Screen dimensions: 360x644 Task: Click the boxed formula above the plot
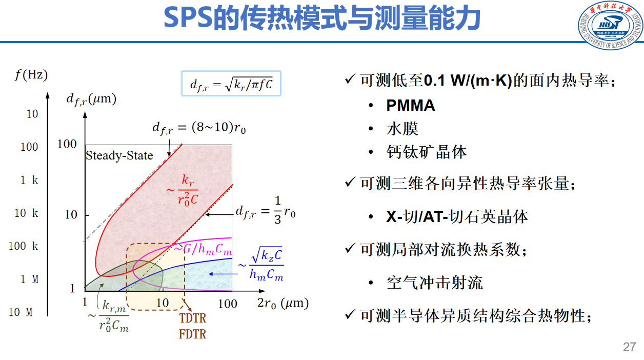tap(231, 84)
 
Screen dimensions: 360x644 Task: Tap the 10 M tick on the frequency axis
tap(21, 312)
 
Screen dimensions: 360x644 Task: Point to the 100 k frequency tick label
tap(24, 246)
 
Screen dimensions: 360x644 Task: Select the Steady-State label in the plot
tap(119, 155)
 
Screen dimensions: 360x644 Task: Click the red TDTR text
tap(193, 318)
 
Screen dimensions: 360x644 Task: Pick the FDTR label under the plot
tap(193, 334)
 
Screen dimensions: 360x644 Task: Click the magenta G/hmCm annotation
tap(203, 249)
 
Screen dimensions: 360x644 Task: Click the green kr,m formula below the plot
tap(114, 315)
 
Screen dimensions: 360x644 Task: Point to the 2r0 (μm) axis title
tap(283, 303)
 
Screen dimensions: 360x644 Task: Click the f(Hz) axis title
tap(31, 75)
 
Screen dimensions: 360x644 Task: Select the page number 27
tap(630, 347)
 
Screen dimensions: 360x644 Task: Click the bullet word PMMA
tap(410, 106)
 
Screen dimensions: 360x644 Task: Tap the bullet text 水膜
tap(402, 128)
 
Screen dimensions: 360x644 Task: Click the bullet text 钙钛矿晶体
tap(427, 152)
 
